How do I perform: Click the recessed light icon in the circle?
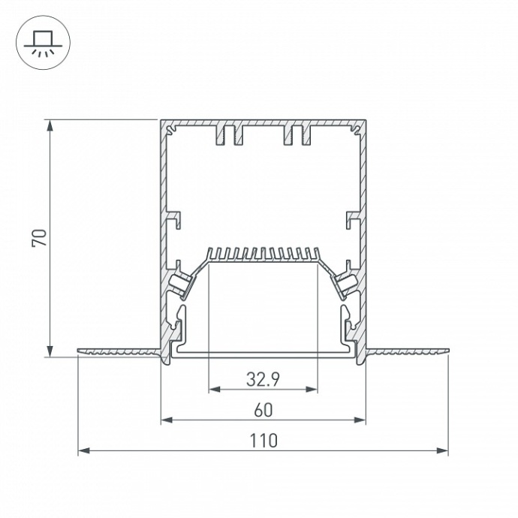(x=41, y=42)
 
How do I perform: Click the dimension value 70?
(x=40, y=238)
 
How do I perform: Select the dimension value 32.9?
(x=263, y=380)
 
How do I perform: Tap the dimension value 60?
(x=263, y=410)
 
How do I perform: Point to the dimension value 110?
(x=263, y=441)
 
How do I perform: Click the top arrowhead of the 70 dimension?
(x=50, y=125)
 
